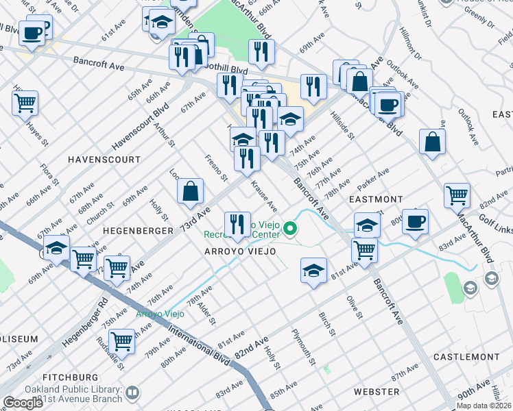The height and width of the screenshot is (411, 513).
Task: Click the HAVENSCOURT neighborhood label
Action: point(104,160)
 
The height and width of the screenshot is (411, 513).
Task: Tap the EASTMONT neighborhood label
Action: point(375,199)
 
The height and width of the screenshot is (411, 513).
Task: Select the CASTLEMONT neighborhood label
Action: point(466,358)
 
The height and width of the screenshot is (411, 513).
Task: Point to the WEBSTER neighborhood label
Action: point(377,391)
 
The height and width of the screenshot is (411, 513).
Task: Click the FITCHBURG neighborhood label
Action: point(70,377)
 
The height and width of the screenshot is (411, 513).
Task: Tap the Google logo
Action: point(23,403)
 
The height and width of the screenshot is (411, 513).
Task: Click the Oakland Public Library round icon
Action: point(132,394)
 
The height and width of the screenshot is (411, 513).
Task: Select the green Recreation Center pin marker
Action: point(291,228)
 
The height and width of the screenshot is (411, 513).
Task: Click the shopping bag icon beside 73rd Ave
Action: point(190,192)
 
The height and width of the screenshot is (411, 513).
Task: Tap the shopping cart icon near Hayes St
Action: point(25,103)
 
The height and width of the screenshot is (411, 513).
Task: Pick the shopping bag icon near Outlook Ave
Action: point(433,142)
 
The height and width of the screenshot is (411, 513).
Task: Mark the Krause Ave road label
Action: point(264,196)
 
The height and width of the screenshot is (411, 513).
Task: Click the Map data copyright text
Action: point(484,406)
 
